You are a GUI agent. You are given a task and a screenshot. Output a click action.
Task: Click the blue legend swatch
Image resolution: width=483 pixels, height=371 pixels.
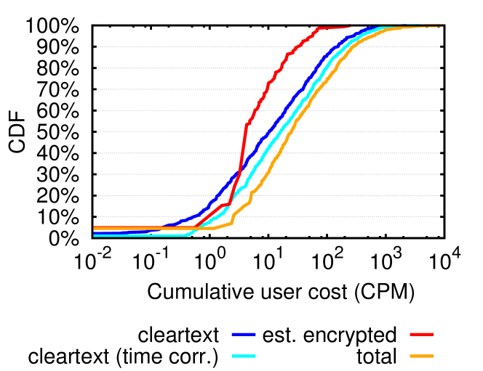point(244,334)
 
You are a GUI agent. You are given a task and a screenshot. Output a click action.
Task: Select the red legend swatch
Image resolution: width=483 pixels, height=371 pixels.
point(422,334)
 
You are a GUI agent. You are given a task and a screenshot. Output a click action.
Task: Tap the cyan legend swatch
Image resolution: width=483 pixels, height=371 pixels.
point(244,356)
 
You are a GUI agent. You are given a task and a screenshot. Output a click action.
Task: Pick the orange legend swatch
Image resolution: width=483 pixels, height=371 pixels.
point(422,356)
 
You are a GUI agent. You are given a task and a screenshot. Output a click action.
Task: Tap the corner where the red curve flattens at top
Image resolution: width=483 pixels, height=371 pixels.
point(318,28)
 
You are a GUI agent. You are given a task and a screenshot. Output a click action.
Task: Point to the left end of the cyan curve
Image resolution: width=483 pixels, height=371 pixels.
point(95,235)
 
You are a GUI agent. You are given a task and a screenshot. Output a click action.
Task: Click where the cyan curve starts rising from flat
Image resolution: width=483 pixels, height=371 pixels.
point(188,235)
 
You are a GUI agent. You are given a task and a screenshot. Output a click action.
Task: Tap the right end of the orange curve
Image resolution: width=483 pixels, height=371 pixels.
point(440,26)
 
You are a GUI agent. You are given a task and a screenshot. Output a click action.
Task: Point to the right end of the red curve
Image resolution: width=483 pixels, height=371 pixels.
point(351,28)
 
